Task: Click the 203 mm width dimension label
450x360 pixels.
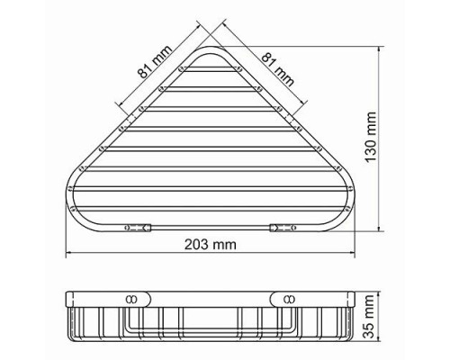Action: [211, 245]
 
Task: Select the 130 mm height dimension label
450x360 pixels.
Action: [371, 137]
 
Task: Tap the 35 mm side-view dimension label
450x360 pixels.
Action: [369, 317]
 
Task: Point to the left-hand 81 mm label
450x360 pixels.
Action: [155, 61]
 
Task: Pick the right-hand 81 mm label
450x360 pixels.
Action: [278, 69]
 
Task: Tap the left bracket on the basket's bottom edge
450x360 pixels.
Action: [138, 228]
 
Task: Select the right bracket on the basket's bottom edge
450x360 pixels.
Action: [283, 228]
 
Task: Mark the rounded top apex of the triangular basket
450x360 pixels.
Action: [211, 48]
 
